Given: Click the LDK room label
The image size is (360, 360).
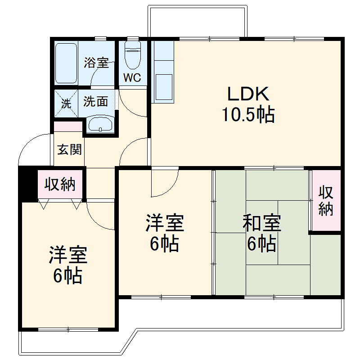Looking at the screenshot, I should click(x=248, y=94).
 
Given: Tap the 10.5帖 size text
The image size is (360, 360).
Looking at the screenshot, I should click(x=247, y=116).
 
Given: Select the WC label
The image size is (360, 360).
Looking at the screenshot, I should click(x=132, y=77).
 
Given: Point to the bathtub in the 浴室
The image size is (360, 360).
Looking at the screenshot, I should click(x=67, y=63).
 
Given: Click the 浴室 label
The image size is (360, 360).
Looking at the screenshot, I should click(x=96, y=63).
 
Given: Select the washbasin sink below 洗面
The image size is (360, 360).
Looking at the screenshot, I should click(x=99, y=124).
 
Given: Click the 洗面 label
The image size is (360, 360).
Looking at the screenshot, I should click(x=96, y=101).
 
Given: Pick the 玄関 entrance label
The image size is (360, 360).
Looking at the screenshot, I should click(x=69, y=149).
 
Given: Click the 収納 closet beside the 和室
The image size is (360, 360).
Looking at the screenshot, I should click(x=326, y=201).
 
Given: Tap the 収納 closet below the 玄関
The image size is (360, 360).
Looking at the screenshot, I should click(x=60, y=184).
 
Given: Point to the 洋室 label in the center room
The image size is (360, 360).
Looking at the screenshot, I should click(x=164, y=223).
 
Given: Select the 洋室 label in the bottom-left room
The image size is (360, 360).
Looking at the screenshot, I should click(x=67, y=255).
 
